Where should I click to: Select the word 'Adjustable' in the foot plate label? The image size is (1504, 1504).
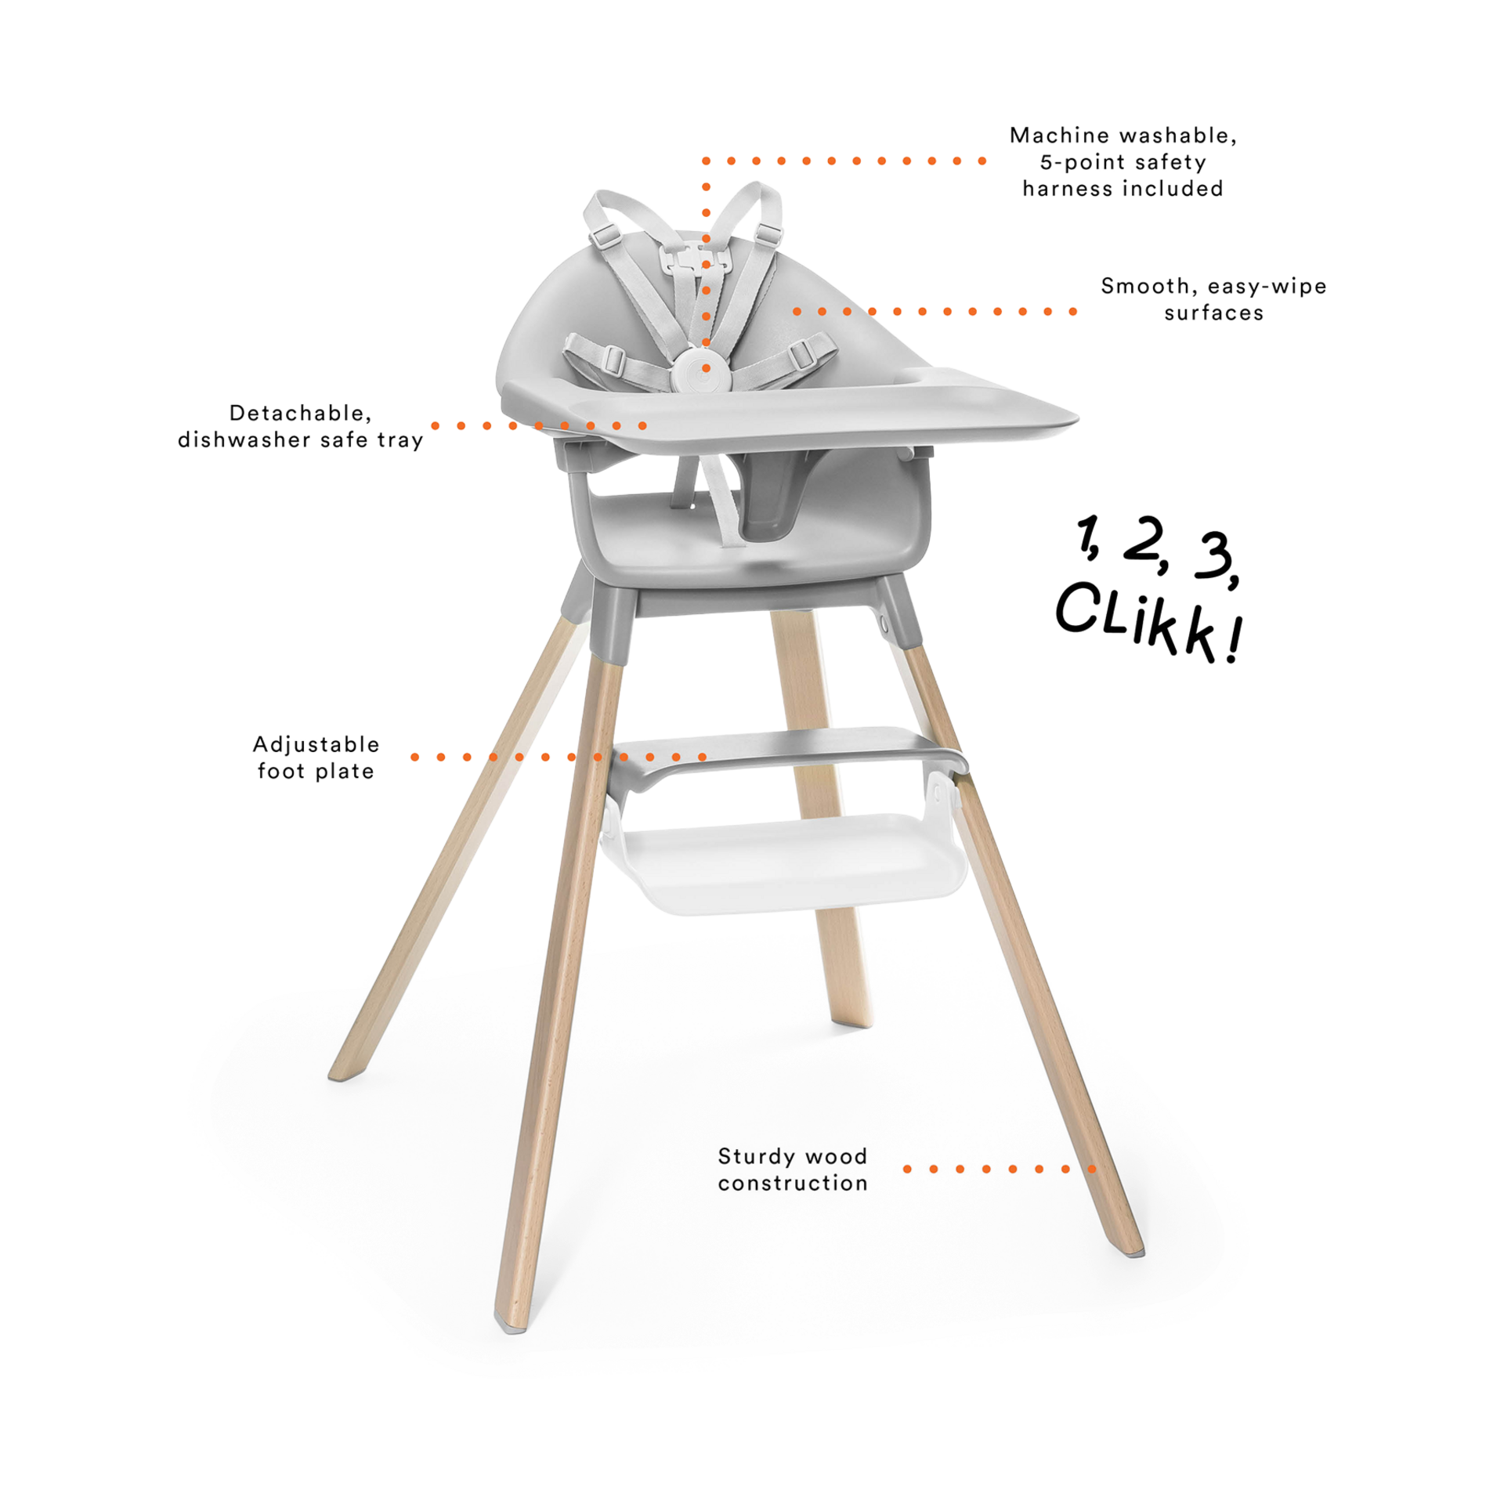[x=316, y=744]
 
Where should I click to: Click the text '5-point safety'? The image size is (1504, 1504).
[x=1123, y=163]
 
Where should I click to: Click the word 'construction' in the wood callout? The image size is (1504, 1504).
[x=793, y=1183]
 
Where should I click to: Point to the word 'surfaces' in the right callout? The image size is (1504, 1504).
[x=1213, y=313]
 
